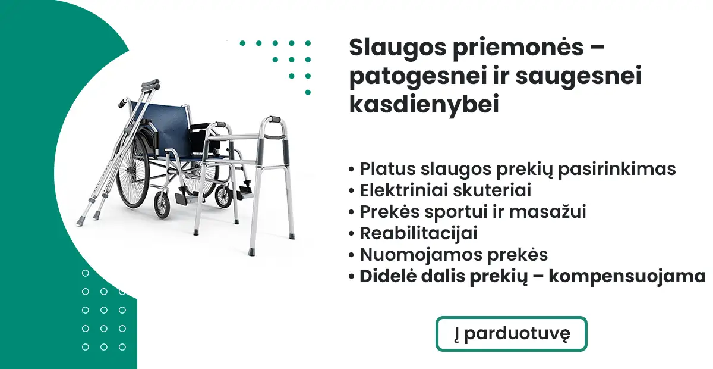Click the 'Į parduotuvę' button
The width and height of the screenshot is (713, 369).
pyautogui.click(x=511, y=334)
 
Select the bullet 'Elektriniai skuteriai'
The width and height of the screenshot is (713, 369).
pyautogui.click(x=446, y=190)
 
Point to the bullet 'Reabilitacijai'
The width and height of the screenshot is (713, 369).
pyautogui.click(x=418, y=233)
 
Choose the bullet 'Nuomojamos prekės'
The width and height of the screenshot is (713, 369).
pyautogui.click(x=453, y=255)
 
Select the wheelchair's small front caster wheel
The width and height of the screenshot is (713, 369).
pyautogui.click(x=162, y=204)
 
